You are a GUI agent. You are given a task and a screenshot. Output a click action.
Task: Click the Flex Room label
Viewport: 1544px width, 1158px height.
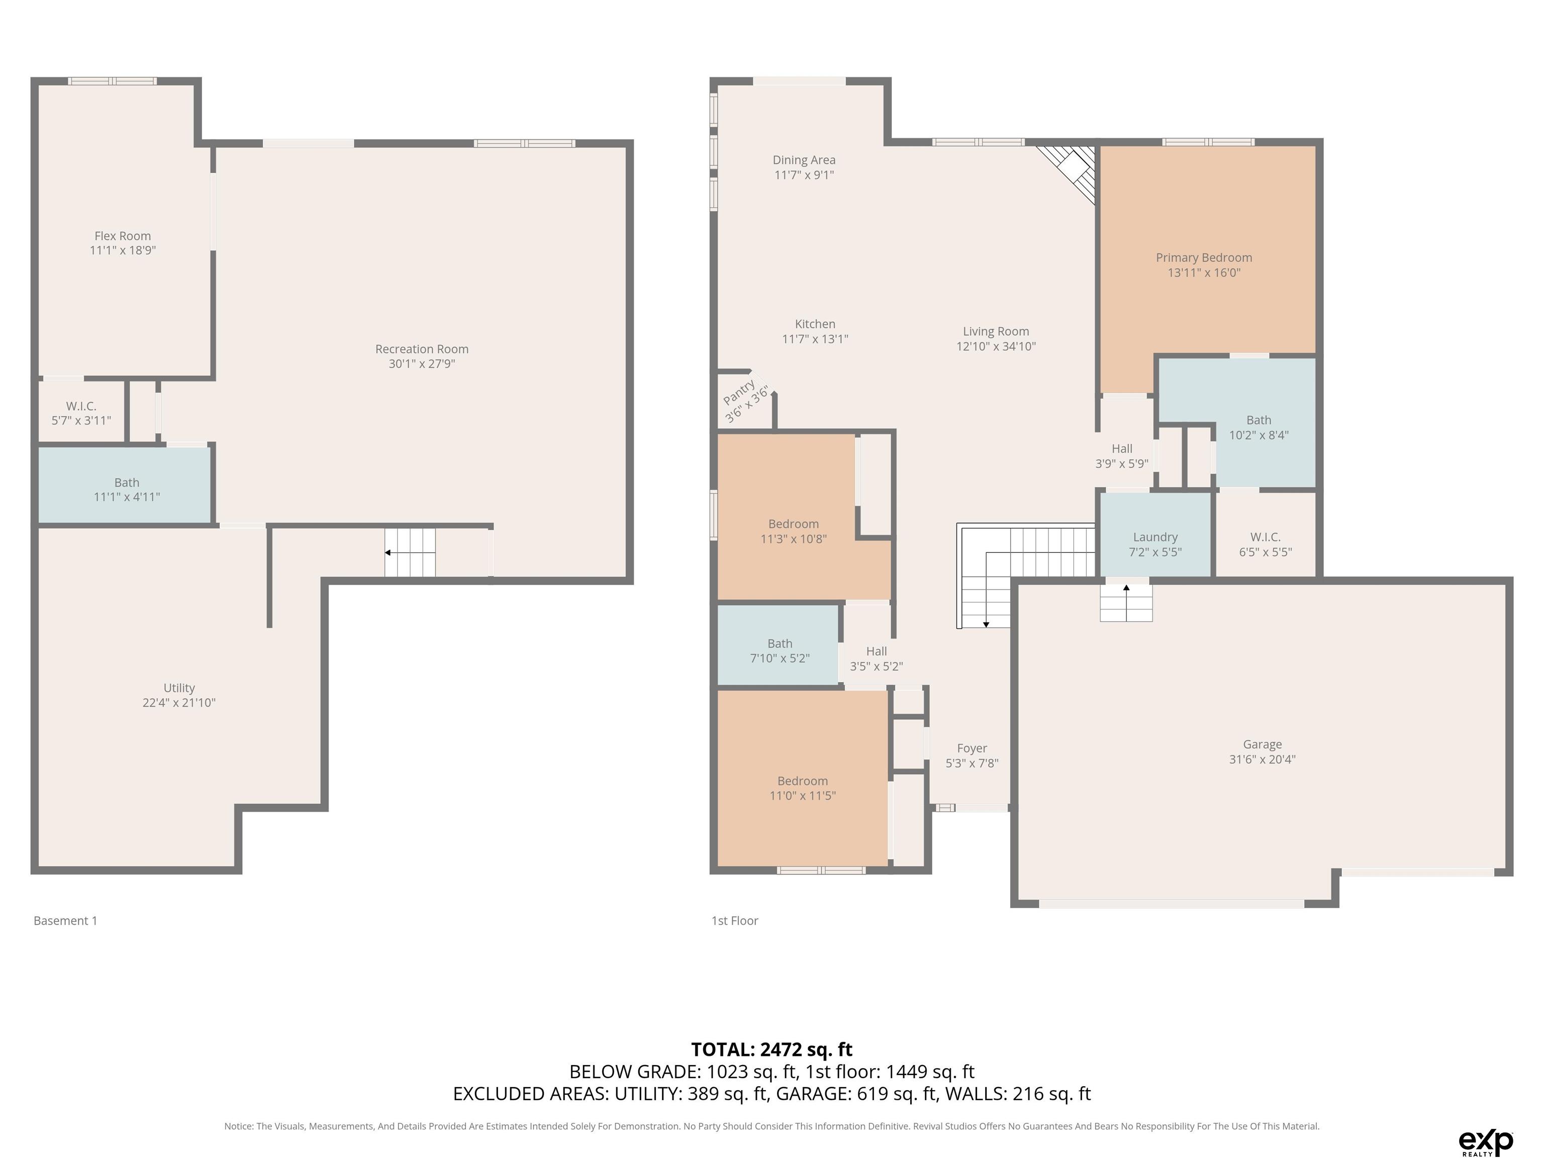pos(123,236)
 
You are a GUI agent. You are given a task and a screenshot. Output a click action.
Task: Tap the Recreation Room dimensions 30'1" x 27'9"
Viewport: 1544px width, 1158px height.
pos(422,364)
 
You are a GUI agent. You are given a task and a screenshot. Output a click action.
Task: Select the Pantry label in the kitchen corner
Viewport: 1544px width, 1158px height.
pos(738,392)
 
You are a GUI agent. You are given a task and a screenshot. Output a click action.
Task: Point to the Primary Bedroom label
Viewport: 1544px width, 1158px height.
pos(1204,257)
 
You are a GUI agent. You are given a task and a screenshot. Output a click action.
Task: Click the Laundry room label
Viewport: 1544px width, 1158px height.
pos(1155,537)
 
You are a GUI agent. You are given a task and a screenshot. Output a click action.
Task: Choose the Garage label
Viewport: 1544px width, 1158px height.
pos(1262,744)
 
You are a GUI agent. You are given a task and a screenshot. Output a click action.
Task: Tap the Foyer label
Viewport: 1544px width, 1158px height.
pos(972,748)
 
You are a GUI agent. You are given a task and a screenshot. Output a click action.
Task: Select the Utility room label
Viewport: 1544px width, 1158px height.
pos(179,688)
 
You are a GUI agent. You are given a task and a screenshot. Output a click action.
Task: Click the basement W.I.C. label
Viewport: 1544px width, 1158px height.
pos(81,406)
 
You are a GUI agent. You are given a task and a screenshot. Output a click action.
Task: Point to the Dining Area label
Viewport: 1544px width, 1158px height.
pos(804,160)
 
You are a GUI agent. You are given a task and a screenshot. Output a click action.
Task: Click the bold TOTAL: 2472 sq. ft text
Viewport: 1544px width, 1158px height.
pos(772,1049)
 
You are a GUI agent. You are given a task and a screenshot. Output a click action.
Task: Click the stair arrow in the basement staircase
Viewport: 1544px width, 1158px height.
pos(388,553)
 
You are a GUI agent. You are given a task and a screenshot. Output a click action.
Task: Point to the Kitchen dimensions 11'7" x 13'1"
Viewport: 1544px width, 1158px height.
pos(815,339)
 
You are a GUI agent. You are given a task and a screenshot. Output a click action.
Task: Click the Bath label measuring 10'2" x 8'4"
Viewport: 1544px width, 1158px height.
pos(1259,420)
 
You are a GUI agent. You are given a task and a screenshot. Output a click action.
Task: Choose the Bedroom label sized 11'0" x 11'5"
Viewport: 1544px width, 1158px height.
pos(803,781)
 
